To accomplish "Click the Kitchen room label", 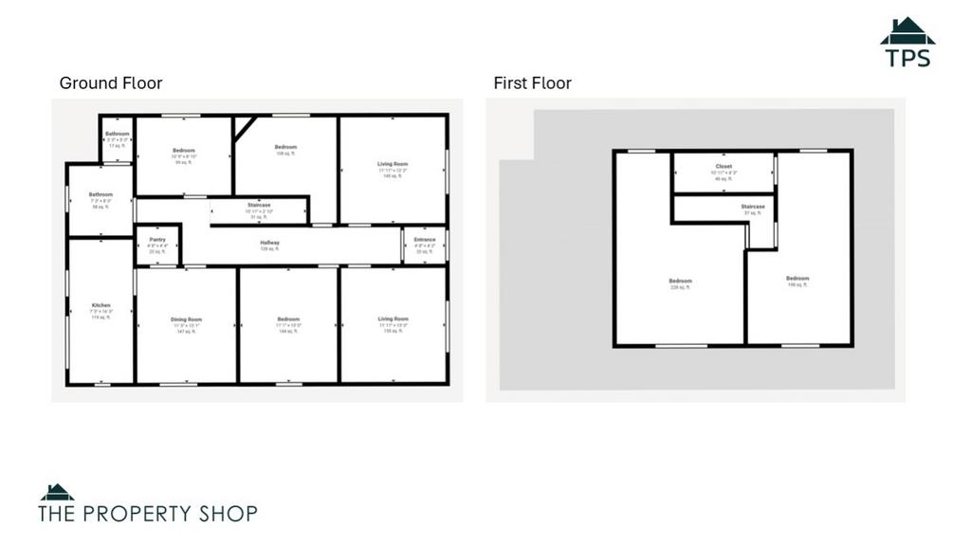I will point(101,305).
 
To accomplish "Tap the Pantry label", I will point(157,240).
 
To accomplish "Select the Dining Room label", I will point(186,319).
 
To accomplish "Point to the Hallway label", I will point(270,243).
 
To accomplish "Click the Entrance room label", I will point(425,240).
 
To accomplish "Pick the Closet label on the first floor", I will point(724,167).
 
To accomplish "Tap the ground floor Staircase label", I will point(259,205).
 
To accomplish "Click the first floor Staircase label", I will point(753,207).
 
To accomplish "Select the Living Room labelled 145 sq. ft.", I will point(393,165).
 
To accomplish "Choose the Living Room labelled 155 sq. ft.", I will point(393,319).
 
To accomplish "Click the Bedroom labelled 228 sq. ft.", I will point(680,282).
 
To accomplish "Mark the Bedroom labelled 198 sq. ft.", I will point(797,279).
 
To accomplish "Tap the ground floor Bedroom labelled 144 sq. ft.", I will point(288,319).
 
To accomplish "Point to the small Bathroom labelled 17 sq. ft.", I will point(117,135).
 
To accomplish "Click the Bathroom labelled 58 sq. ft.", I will point(101,195).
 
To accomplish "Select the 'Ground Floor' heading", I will point(111,83).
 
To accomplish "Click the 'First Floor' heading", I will point(532,83).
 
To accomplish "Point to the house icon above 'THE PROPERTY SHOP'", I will point(57,492).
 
